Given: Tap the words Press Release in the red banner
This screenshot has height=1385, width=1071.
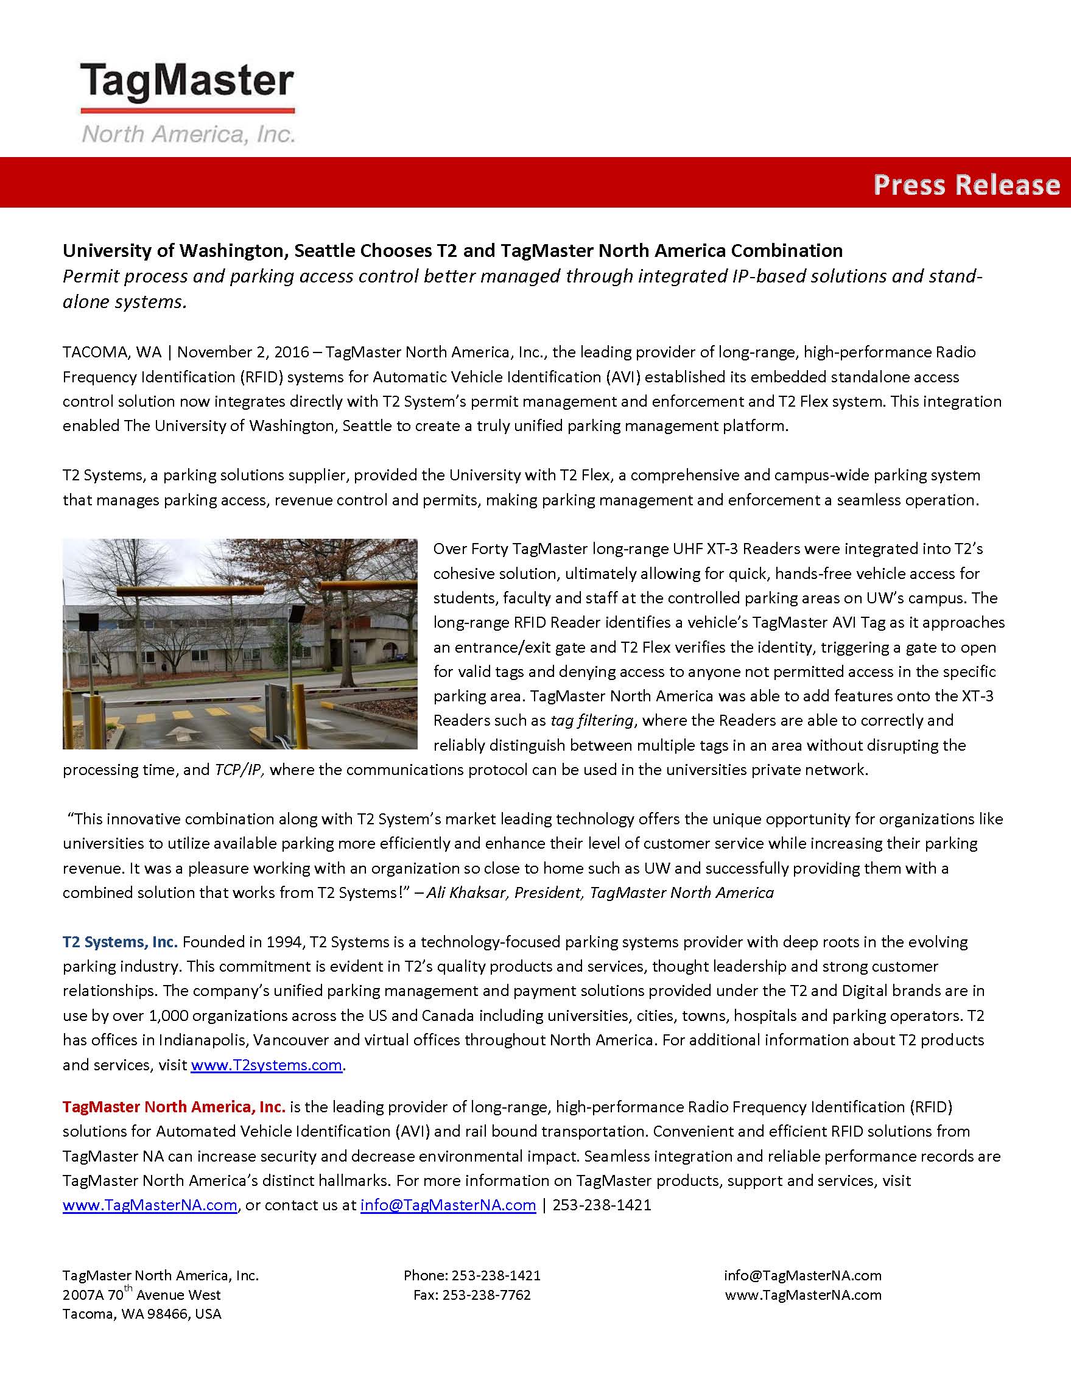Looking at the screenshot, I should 966,184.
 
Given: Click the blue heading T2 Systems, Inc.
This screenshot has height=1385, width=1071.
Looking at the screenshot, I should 120,942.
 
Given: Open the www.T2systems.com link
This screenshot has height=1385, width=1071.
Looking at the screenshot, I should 266,1065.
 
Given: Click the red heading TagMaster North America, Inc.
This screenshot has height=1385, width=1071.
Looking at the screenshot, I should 174,1107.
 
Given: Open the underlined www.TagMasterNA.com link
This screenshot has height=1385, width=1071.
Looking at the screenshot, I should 150,1205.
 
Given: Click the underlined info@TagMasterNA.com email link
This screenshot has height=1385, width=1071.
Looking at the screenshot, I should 448,1205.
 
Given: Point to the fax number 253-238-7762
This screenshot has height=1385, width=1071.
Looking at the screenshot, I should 486,1295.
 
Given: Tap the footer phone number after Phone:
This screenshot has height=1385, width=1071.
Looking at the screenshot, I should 496,1275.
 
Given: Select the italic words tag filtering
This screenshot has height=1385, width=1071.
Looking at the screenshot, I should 592,720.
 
